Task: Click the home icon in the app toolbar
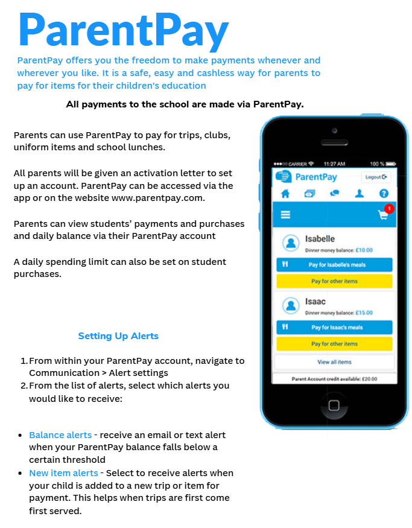[285, 194]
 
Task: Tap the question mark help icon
[384, 194]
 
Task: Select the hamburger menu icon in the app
[286, 215]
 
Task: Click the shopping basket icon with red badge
[384, 214]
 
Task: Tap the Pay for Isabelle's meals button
[334, 264]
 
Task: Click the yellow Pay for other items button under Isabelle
[334, 281]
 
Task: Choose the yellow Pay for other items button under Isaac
[334, 344]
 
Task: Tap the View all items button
[334, 362]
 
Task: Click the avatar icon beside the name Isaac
[291, 306]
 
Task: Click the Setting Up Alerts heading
[118, 336]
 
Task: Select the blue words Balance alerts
[60, 434]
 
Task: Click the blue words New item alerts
[63, 473]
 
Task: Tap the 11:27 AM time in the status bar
[334, 164]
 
